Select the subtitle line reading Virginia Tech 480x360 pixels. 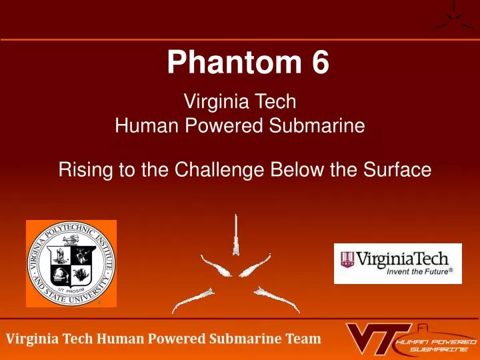(239, 103)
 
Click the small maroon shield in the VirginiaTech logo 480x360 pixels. (348, 259)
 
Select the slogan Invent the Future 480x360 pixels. (417, 271)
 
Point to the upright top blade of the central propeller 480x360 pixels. (237, 233)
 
